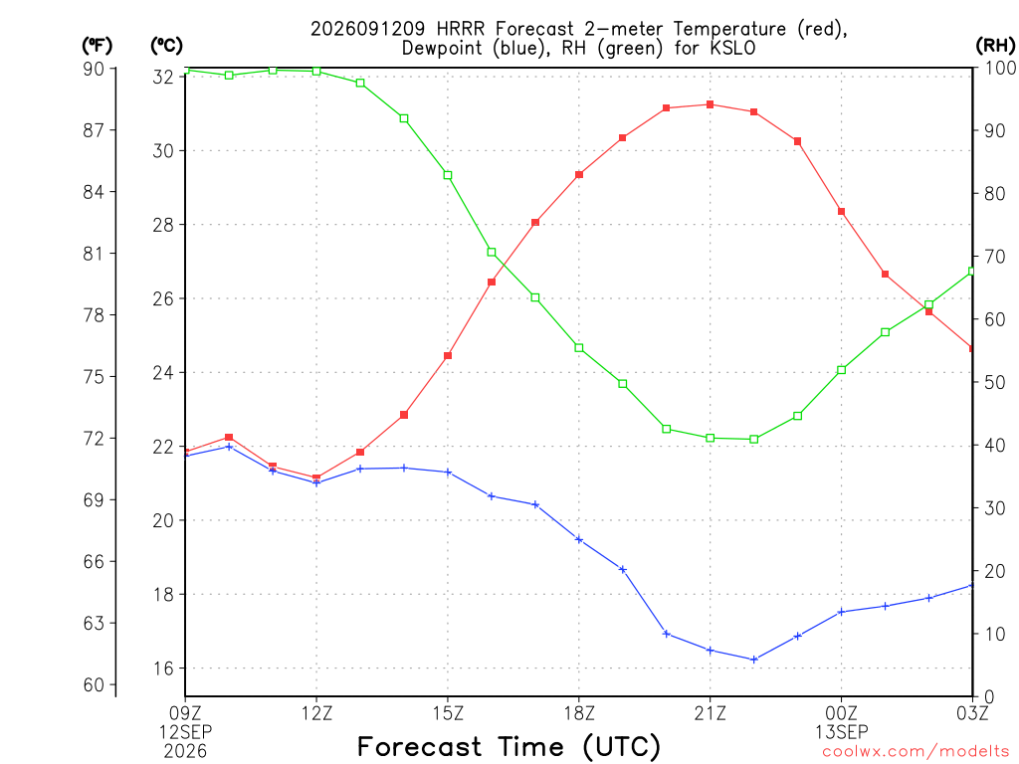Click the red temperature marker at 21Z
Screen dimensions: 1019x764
click(x=711, y=104)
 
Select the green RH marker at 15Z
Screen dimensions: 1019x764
click(x=448, y=175)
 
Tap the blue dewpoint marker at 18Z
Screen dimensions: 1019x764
click(x=579, y=539)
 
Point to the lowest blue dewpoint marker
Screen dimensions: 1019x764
click(x=754, y=660)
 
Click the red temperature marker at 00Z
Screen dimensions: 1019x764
click(x=842, y=212)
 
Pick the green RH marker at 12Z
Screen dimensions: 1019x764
click(x=316, y=72)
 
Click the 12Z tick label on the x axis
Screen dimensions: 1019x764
click(x=316, y=713)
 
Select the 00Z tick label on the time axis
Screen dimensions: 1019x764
click(x=842, y=713)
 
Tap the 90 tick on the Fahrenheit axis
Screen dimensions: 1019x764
click(x=94, y=69)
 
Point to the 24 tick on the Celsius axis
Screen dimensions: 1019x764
click(x=163, y=373)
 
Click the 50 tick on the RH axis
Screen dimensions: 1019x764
click(x=994, y=382)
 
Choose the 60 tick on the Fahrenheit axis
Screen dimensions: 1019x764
click(x=94, y=684)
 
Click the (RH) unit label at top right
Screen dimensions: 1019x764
click(x=995, y=46)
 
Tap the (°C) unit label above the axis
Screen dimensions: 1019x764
click(x=166, y=46)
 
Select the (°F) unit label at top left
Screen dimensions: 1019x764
click(x=97, y=46)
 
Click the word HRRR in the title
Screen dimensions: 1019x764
click(x=462, y=29)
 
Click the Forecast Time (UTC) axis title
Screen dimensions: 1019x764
click(x=509, y=747)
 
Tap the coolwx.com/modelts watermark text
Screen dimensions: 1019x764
click(x=916, y=752)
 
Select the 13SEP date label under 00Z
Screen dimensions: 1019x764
click(x=842, y=732)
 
